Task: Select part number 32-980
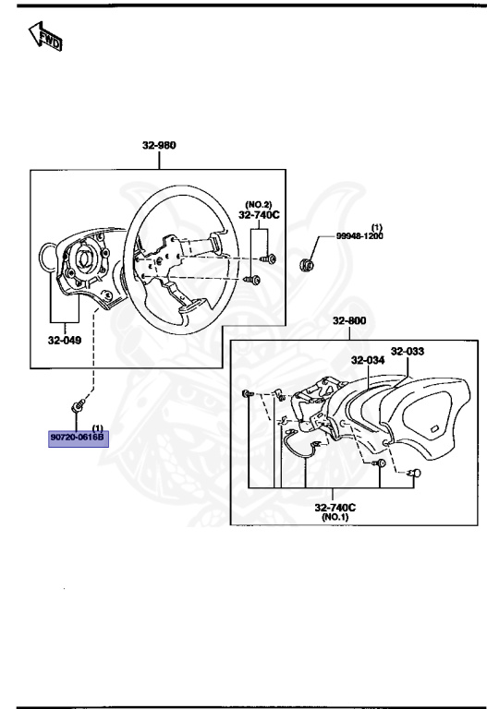click(x=159, y=146)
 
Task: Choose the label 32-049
click(x=65, y=339)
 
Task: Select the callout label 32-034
click(x=369, y=360)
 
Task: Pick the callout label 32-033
click(x=408, y=351)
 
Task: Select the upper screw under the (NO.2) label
click(x=267, y=258)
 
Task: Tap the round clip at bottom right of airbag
click(x=415, y=474)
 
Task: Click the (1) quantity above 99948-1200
click(x=376, y=226)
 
